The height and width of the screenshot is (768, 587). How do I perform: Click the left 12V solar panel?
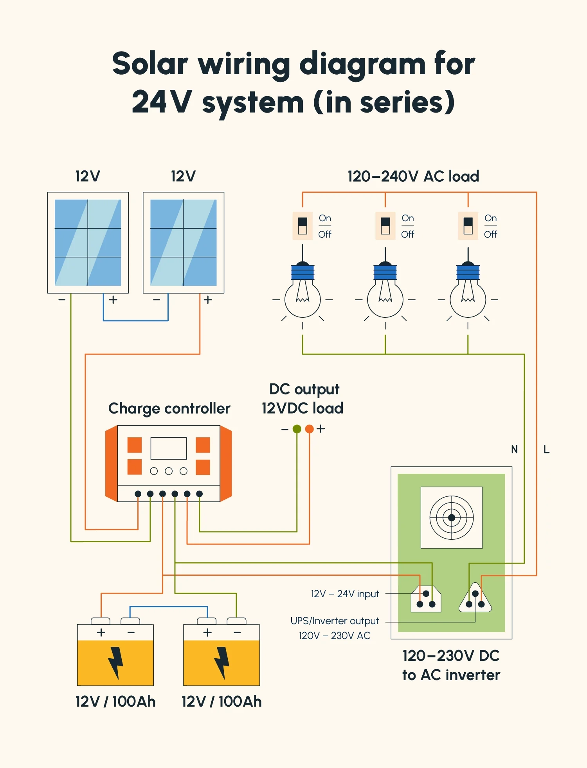(x=88, y=242)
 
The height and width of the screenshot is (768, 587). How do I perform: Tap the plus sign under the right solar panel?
(x=208, y=300)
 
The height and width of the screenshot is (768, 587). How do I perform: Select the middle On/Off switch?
(x=385, y=226)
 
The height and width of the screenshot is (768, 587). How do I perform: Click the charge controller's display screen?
(x=168, y=448)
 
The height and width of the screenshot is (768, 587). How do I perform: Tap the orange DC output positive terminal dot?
(x=309, y=429)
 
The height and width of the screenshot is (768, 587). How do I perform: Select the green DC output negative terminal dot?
(x=297, y=429)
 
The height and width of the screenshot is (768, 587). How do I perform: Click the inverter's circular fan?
(x=451, y=517)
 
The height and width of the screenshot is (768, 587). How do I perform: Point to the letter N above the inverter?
(x=514, y=449)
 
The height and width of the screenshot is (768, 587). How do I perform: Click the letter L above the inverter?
(x=546, y=449)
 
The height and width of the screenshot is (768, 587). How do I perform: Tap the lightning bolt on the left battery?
(x=115, y=662)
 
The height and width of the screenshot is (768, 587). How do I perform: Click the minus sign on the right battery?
(x=237, y=632)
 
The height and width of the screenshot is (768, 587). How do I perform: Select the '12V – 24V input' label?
(x=345, y=594)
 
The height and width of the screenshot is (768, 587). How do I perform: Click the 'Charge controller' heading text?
(x=169, y=408)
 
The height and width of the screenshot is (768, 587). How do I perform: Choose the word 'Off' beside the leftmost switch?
(x=324, y=235)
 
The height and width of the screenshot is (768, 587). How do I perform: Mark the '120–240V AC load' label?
(x=413, y=177)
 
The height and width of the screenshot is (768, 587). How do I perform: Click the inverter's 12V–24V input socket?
(x=426, y=599)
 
